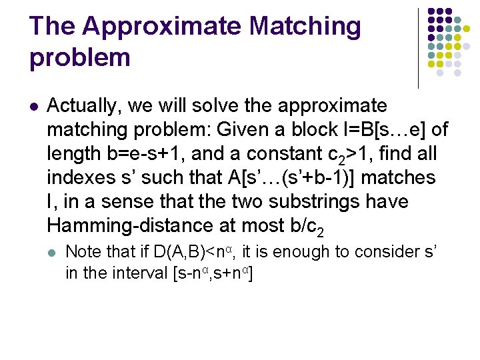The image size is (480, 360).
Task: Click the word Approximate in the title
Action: [163, 27]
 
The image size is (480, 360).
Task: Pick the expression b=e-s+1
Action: [139, 153]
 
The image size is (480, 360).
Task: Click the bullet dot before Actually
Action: [35, 106]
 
